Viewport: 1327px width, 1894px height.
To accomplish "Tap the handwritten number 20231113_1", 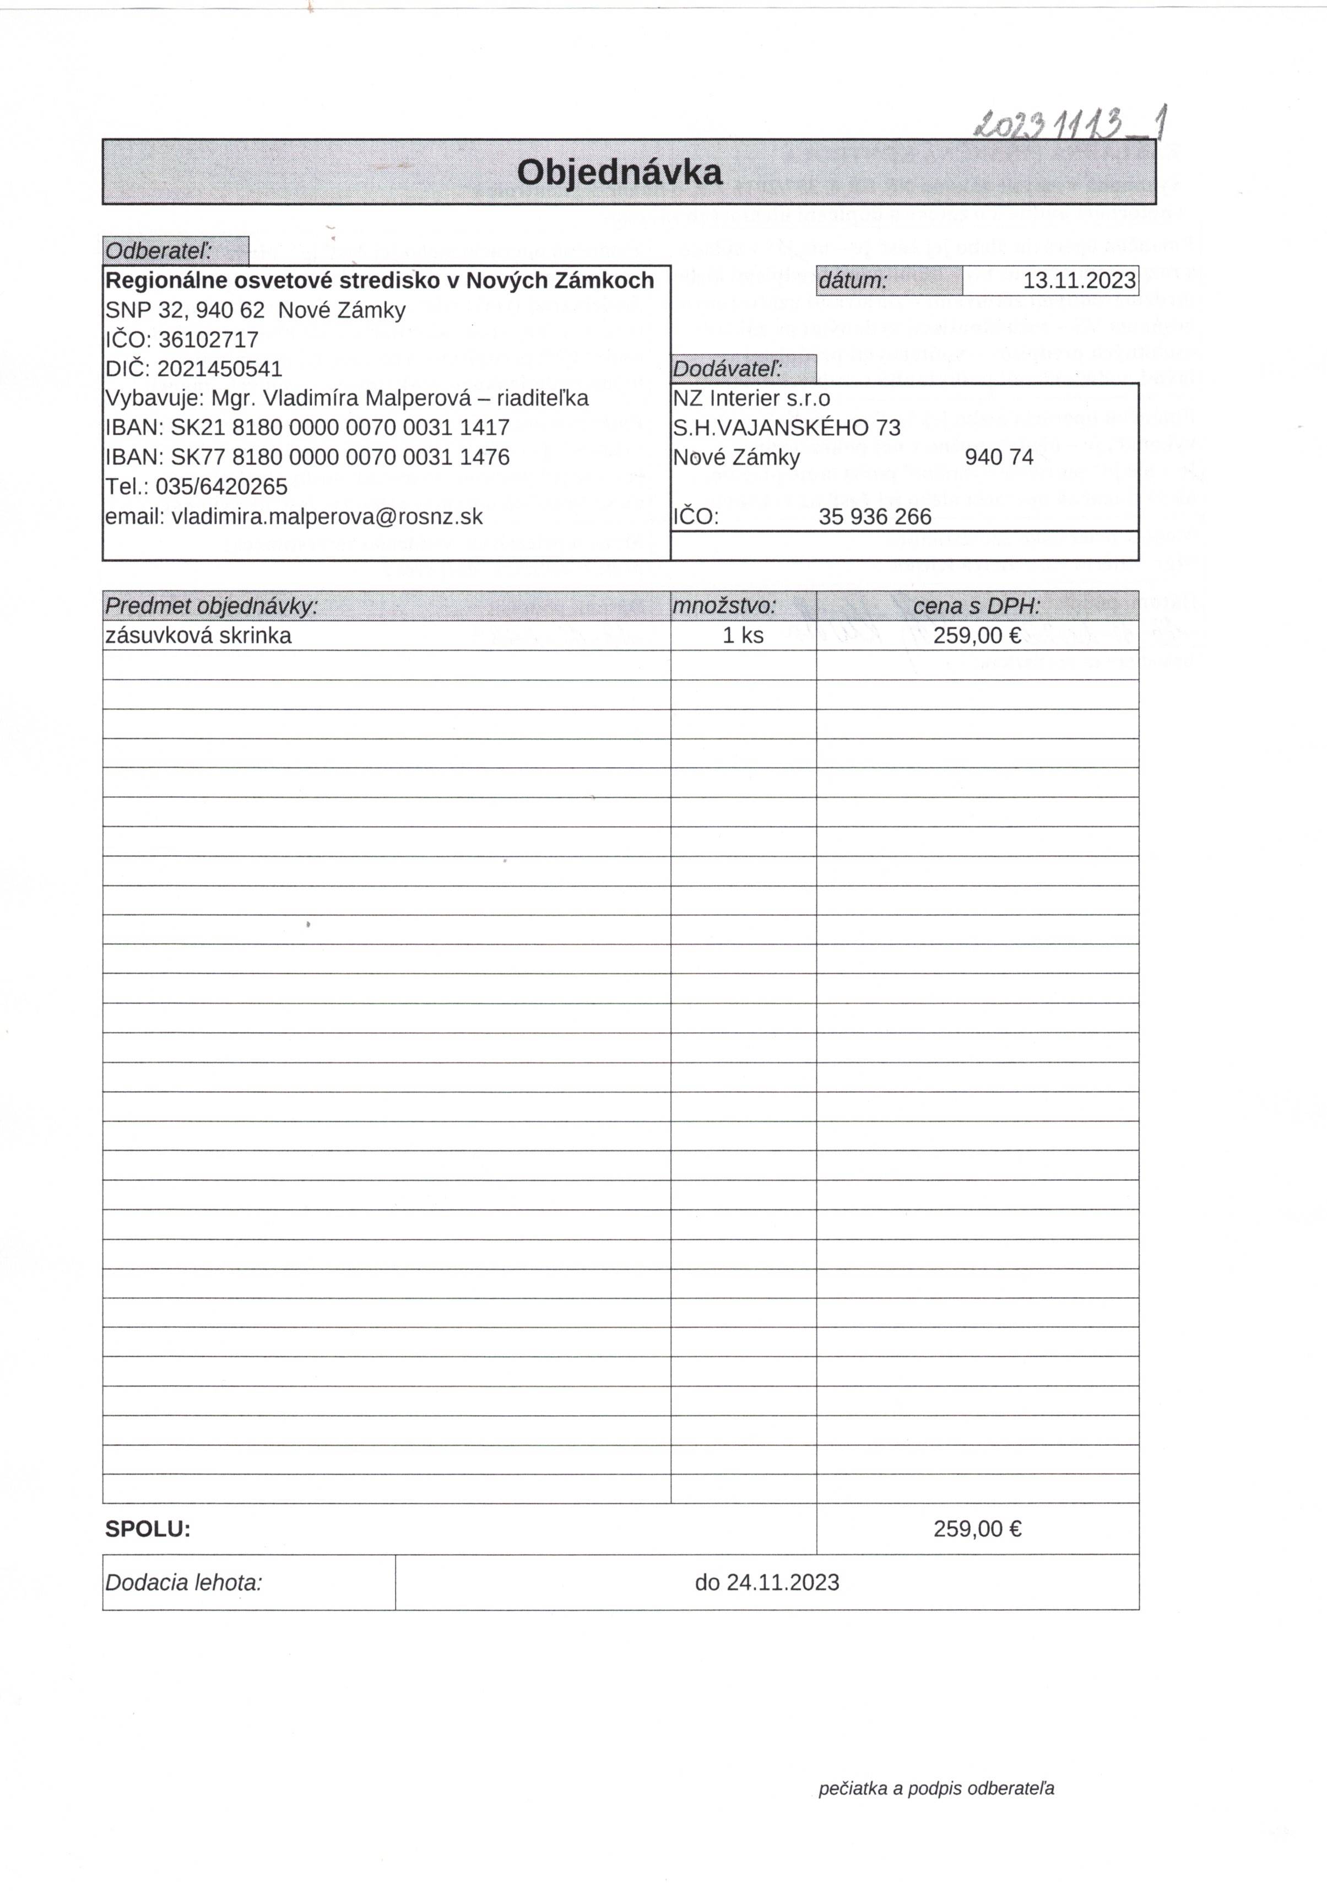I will pos(1070,124).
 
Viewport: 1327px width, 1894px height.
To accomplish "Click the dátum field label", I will pos(853,280).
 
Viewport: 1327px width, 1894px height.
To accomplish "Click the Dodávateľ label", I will pos(728,369).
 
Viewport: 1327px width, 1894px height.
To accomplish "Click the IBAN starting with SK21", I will pos(340,427).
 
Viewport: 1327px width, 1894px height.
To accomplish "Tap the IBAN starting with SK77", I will pos(340,457).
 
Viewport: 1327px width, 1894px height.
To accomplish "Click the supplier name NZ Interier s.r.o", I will pos(751,398).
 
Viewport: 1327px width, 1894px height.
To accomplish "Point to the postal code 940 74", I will pos(998,457).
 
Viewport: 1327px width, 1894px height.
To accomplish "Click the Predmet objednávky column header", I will pos(211,606).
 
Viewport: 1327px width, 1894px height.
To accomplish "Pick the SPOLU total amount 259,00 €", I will pos(977,1529).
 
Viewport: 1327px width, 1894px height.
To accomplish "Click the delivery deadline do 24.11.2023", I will pos(766,1582).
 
